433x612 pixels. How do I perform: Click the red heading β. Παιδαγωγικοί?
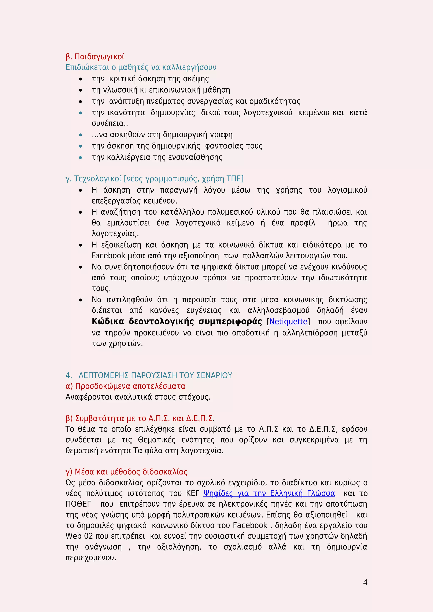click(95, 57)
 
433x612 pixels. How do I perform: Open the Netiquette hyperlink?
click(288, 322)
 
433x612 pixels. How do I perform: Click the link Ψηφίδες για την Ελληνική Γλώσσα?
click(269, 493)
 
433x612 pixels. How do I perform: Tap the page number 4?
click(365, 582)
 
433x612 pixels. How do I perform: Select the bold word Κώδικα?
click(108, 322)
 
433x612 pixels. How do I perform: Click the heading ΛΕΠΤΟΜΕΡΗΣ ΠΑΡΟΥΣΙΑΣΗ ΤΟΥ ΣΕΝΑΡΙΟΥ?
click(155, 375)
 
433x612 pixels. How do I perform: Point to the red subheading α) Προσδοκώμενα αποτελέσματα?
click(125, 386)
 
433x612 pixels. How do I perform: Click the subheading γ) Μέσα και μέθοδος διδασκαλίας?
click(126, 472)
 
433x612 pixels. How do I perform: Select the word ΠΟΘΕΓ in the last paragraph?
click(78, 504)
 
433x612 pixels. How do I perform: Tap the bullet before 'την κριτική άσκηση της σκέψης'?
click(81, 79)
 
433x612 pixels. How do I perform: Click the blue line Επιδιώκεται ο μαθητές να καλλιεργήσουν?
click(141, 67)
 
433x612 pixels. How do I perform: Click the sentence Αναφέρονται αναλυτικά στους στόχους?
click(138, 397)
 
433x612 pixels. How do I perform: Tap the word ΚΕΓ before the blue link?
click(192, 493)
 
